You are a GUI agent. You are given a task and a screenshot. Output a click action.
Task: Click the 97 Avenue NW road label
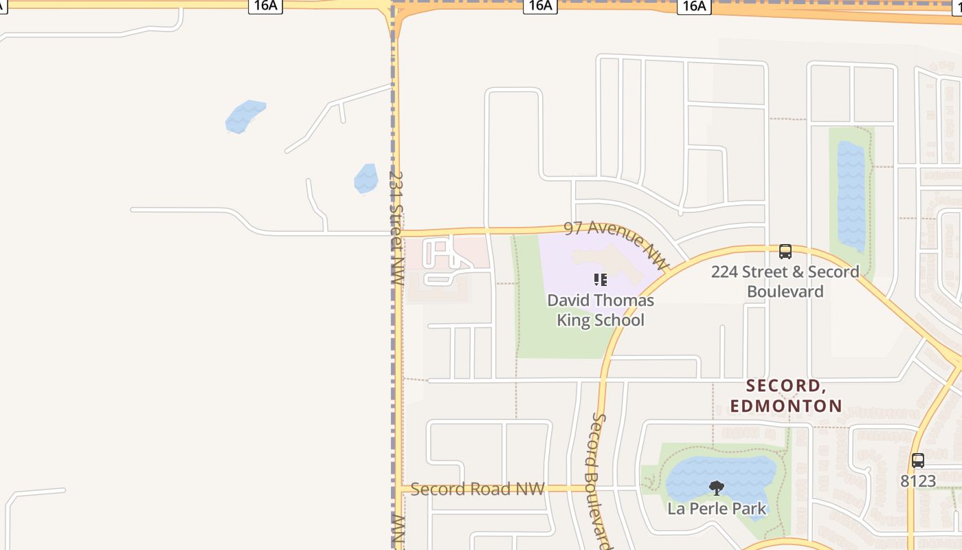pyautogui.click(x=616, y=244)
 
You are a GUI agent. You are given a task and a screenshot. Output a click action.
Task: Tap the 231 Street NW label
pyautogui.click(x=396, y=228)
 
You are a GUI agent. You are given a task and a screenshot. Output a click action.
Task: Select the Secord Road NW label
pyautogui.click(x=477, y=489)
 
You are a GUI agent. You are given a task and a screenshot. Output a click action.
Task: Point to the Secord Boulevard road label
pyautogui.click(x=600, y=481)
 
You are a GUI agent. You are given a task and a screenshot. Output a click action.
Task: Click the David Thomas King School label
pyautogui.click(x=600, y=310)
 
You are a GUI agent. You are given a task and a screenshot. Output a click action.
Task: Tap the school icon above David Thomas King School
pyautogui.click(x=600, y=280)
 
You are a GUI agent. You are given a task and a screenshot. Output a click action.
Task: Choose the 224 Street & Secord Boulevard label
pyautogui.click(x=785, y=281)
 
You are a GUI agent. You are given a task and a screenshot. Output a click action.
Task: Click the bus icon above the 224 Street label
pyautogui.click(x=785, y=252)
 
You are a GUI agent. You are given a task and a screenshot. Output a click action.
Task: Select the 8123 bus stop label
pyautogui.click(x=918, y=481)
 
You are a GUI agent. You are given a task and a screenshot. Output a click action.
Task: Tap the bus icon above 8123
pyautogui.click(x=918, y=461)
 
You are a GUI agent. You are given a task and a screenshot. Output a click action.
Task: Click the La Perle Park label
pyautogui.click(x=717, y=509)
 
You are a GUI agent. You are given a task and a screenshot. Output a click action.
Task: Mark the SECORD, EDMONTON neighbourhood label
pyautogui.click(x=785, y=395)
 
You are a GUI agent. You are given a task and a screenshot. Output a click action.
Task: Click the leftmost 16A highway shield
pyautogui.click(x=265, y=6)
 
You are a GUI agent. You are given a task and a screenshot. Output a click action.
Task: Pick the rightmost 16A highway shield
pyautogui.click(x=694, y=6)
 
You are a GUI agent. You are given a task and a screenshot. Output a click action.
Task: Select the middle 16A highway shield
pyautogui.click(x=539, y=6)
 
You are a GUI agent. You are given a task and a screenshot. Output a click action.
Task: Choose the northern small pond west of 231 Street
pyautogui.click(x=245, y=116)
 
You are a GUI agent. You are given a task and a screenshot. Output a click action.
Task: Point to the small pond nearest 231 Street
pyautogui.click(x=366, y=178)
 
